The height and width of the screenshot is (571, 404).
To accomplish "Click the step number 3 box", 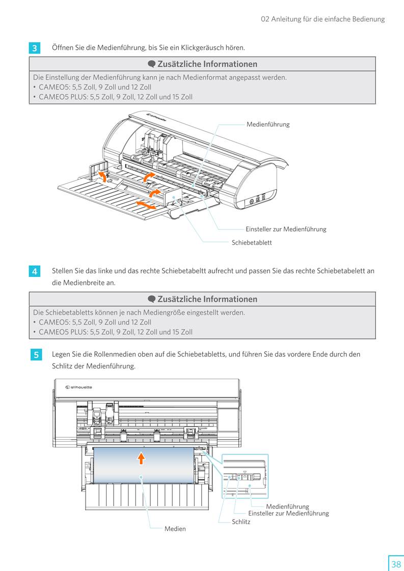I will [34, 48].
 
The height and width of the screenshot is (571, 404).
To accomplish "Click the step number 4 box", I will [34, 272].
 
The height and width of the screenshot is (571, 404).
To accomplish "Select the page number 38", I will [396, 564].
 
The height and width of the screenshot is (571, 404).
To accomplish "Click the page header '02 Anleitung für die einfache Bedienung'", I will [322, 19].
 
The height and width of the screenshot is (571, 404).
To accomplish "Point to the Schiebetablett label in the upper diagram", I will [252, 243].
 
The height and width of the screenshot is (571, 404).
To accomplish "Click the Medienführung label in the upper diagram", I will [268, 124].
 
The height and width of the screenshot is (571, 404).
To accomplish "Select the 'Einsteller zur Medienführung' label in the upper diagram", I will [286, 229].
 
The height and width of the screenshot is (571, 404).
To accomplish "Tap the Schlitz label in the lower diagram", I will [241, 522].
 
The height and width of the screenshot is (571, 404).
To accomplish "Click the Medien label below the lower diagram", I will [175, 529].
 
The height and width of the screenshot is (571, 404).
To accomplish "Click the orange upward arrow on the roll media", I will [141, 458].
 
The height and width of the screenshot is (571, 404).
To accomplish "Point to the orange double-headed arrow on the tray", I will [146, 205].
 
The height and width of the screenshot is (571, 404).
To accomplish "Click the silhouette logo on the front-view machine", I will [79, 387].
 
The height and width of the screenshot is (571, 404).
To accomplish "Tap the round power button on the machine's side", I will [251, 202].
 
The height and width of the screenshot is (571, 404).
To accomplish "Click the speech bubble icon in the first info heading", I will [151, 64].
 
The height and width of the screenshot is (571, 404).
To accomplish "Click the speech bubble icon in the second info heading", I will [151, 299].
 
